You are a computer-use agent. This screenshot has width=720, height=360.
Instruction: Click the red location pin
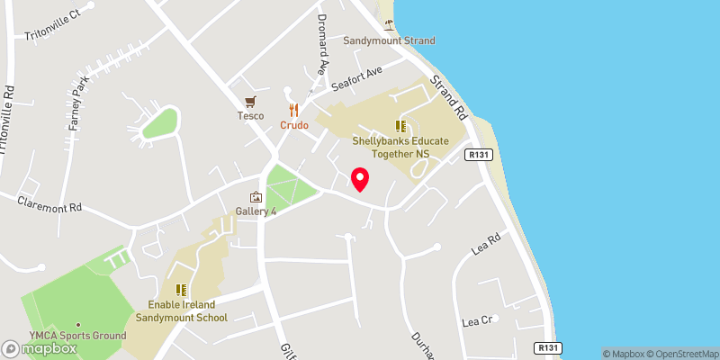coord(360,179)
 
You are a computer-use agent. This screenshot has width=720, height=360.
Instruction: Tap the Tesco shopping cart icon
coord(250,101)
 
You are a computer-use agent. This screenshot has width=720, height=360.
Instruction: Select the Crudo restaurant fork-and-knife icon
coord(293,109)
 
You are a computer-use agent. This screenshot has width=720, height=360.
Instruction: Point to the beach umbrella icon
coord(389,22)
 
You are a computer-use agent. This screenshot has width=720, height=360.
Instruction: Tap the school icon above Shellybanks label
coord(400,126)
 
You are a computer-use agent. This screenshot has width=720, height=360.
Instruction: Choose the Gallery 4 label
coord(255,211)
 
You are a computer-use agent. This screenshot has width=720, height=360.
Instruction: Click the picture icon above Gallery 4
coord(256,197)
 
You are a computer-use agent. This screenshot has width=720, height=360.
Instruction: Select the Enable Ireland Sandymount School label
coord(181,310)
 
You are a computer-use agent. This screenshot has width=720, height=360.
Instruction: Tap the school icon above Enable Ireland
coord(181,289)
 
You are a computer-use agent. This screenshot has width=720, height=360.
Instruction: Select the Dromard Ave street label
coord(321,44)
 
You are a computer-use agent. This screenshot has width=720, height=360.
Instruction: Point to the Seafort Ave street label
coord(357,77)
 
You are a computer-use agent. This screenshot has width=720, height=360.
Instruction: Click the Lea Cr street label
coord(477,320)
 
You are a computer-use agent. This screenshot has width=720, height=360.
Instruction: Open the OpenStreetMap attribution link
coord(679,354)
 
